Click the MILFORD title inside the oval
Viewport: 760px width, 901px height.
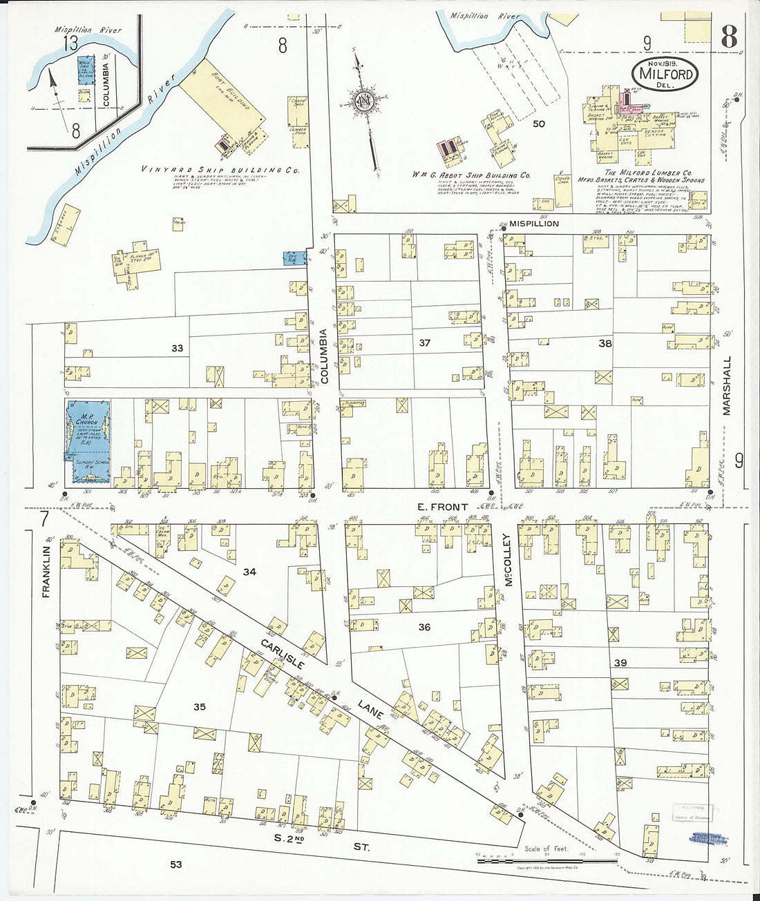[x=665, y=73]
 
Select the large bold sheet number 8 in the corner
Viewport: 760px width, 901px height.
[x=728, y=37]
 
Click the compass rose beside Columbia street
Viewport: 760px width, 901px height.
[x=363, y=103]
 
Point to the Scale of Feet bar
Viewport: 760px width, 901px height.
[x=547, y=860]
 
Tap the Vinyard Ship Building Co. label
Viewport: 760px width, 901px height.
[x=220, y=169]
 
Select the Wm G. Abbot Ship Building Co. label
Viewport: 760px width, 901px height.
[x=471, y=175]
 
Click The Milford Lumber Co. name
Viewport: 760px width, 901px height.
[x=648, y=173]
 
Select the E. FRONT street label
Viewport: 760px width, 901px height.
[x=442, y=507]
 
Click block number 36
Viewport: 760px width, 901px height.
[x=424, y=627]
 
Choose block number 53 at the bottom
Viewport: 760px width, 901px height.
[x=176, y=864]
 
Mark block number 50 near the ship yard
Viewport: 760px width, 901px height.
[x=538, y=124]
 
